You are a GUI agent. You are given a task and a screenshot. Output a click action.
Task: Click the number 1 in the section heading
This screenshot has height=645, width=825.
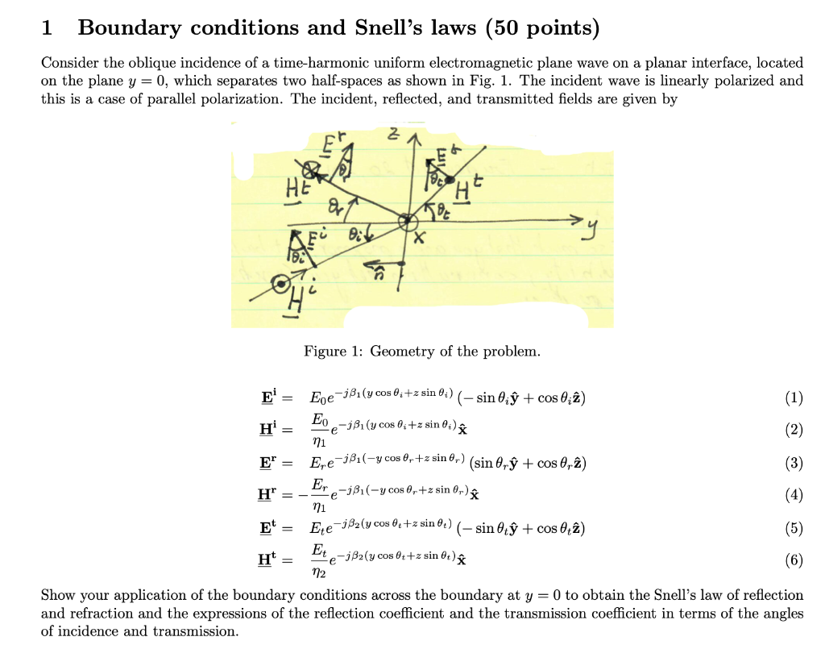(47, 28)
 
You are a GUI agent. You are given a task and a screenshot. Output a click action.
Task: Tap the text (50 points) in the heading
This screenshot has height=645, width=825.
(541, 28)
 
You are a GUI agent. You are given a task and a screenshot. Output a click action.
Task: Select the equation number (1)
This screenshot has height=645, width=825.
(793, 397)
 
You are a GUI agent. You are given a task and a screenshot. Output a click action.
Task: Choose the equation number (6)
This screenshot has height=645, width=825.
(793, 560)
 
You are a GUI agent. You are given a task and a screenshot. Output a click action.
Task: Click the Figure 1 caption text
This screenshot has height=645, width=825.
(422, 352)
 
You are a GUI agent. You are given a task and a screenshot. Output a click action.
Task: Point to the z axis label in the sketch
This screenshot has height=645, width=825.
(392, 138)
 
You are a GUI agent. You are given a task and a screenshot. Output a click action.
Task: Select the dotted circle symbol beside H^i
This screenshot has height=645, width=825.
(281, 284)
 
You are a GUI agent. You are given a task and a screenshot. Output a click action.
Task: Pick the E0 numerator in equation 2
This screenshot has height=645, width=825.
(320, 419)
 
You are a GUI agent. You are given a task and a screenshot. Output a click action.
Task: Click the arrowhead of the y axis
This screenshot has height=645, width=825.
(574, 220)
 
